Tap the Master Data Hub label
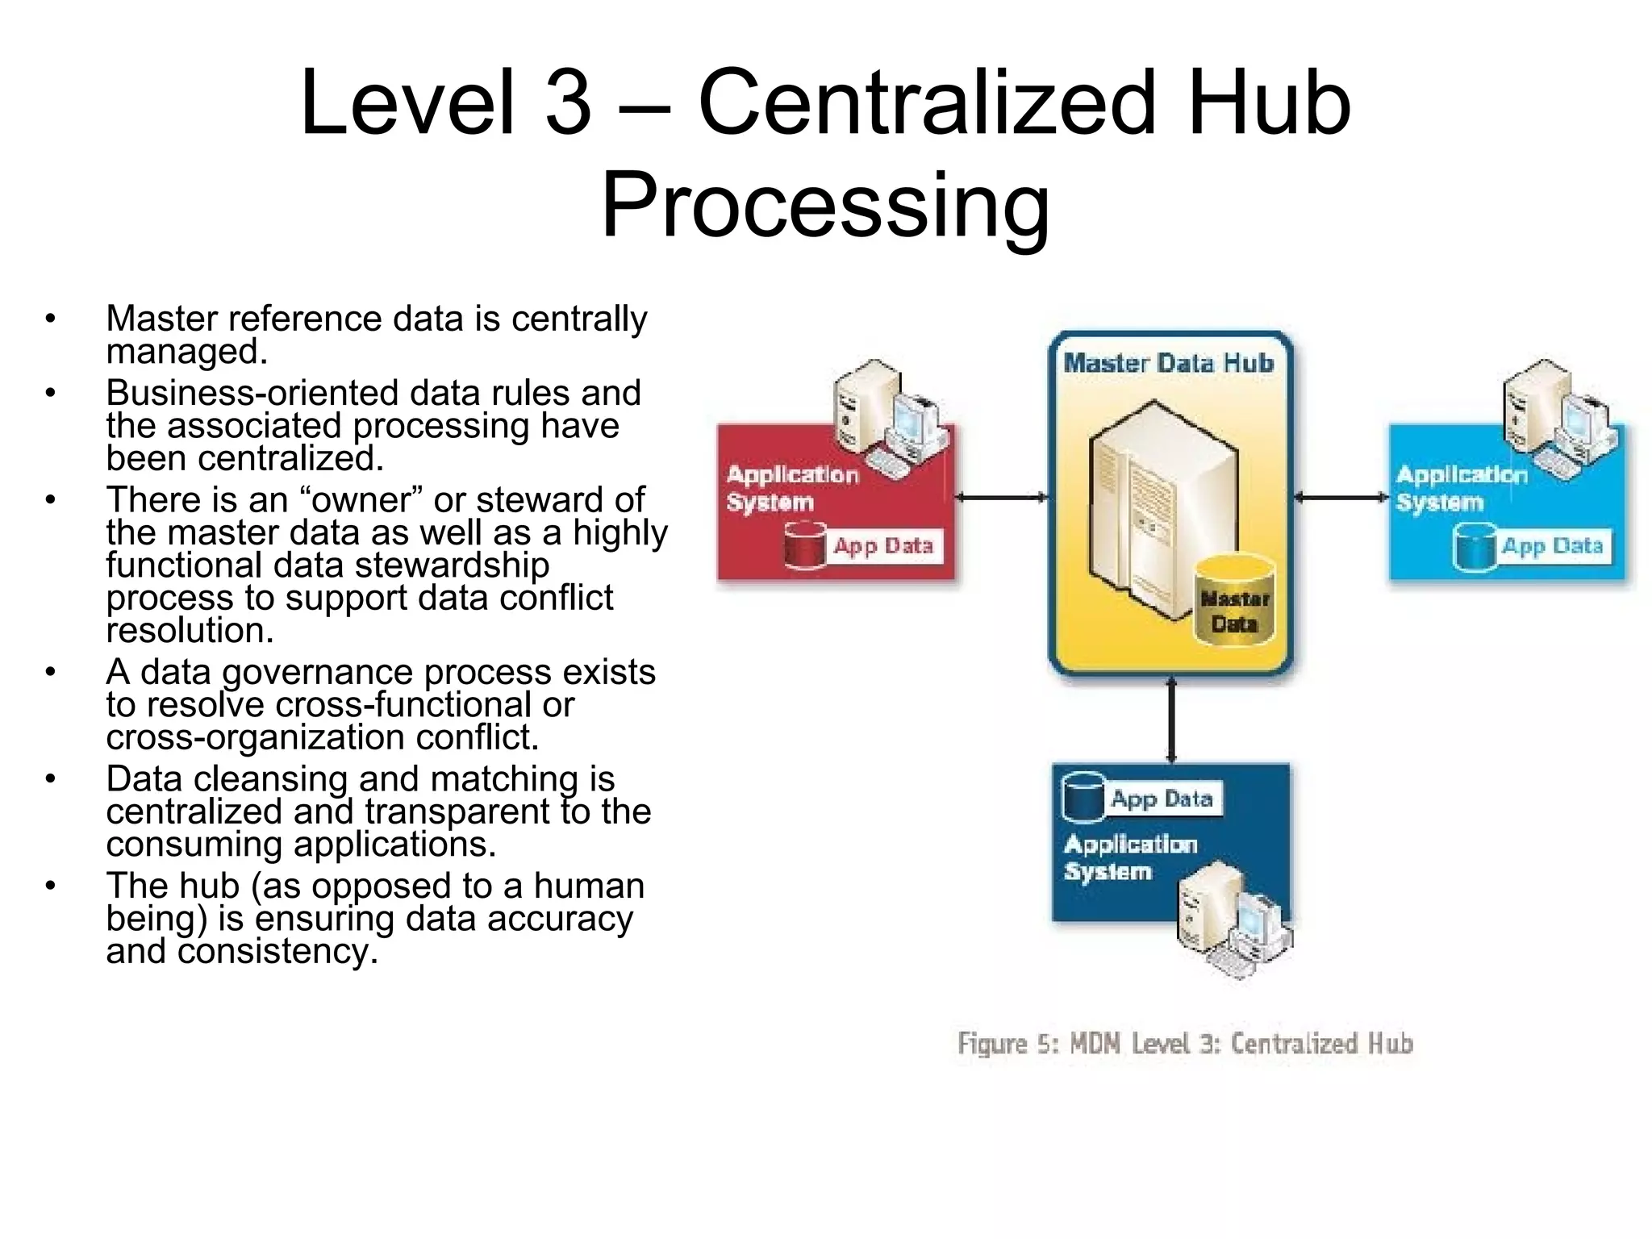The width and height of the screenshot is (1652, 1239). tap(1168, 364)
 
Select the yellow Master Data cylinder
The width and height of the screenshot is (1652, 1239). tap(1234, 601)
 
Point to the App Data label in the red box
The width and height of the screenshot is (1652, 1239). tap(883, 546)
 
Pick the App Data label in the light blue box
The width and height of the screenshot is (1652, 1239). tap(1552, 546)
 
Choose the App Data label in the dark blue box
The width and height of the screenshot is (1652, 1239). tap(1162, 799)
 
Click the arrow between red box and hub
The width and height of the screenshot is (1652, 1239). tap(1001, 498)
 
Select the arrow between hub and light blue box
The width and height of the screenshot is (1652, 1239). tap(1341, 498)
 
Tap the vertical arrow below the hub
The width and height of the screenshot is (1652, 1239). tap(1171, 720)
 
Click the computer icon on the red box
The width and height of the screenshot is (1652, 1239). tap(887, 419)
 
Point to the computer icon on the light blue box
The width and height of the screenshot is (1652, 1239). tap(1557, 419)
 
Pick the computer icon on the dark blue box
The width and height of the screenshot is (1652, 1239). tap(1230, 920)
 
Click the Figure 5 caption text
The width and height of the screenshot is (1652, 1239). tap(1185, 1044)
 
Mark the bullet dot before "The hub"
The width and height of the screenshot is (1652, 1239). tap(51, 886)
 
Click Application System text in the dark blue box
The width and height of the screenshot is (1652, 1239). tap(1129, 857)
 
